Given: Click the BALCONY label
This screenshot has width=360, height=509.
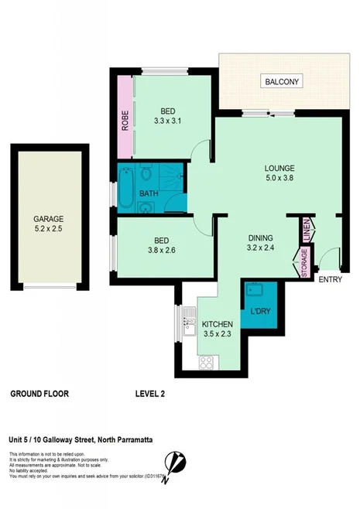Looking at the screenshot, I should pyautogui.click(x=282, y=82).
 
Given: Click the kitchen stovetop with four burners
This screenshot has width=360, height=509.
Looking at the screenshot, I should pyautogui.click(x=207, y=362).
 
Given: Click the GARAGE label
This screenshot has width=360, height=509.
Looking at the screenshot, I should pyautogui.click(x=47, y=219).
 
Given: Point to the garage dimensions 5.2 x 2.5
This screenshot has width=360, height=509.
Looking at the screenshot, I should pyautogui.click(x=47, y=230).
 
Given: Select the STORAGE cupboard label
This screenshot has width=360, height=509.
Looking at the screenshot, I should pyautogui.click(x=304, y=262).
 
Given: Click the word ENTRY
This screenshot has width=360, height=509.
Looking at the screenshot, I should pyautogui.click(x=329, y=280).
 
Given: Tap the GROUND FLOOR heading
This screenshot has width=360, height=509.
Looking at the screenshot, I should pyautogui.click(x=39, y=394).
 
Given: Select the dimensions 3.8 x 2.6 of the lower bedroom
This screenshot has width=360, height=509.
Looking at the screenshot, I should pyautogui.click(x=163, y=250).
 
